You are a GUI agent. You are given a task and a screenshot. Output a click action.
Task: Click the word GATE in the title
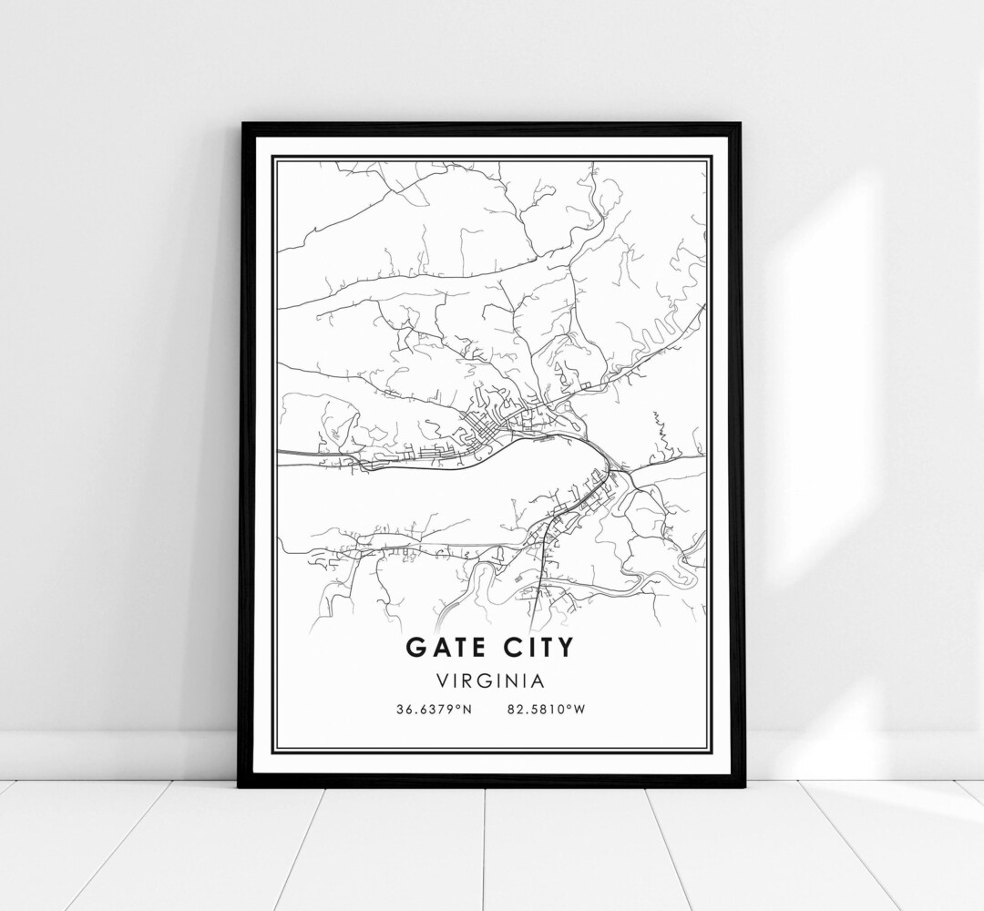click(x=448, y=648)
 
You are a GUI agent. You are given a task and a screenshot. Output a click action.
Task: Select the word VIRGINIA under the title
click(x=491, y=680)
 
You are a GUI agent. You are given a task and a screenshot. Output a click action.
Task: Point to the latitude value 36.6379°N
click(x=434, y=710)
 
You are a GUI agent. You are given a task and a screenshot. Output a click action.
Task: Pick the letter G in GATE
click(x=415, y=648)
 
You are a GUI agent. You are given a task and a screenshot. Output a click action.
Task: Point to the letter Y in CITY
click(x=567, y=648)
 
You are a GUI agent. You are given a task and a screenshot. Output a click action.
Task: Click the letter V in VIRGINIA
click(x=442, y=680)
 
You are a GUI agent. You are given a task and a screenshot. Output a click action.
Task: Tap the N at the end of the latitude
click(x=467, y=710)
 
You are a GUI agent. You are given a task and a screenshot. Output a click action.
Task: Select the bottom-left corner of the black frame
click(x=240, y=784)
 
